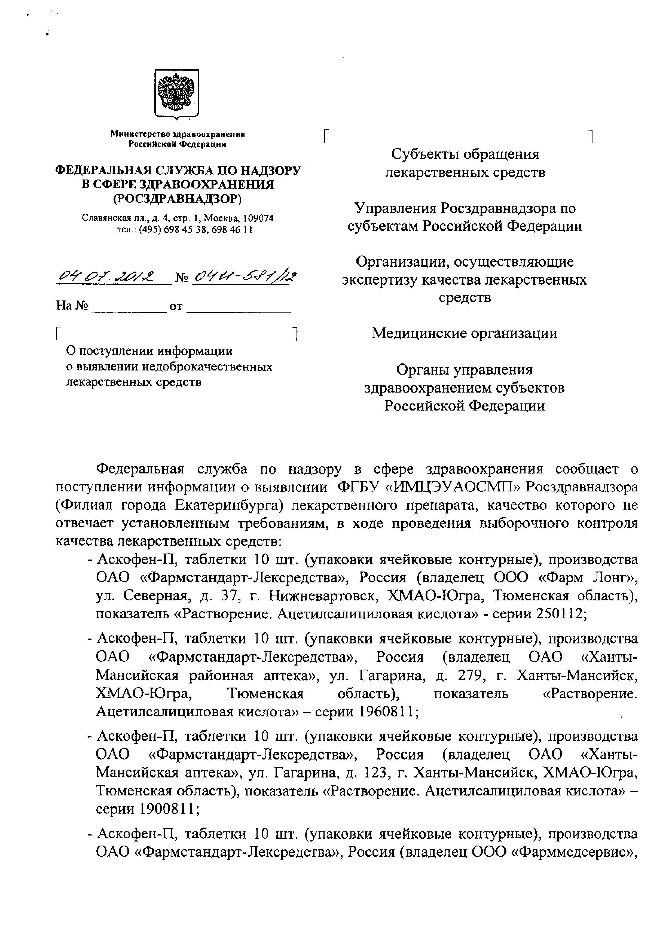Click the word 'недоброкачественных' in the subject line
pyautogui.click(x=207, y=367)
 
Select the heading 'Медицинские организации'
pyautogui.click(x=464, y=333)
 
